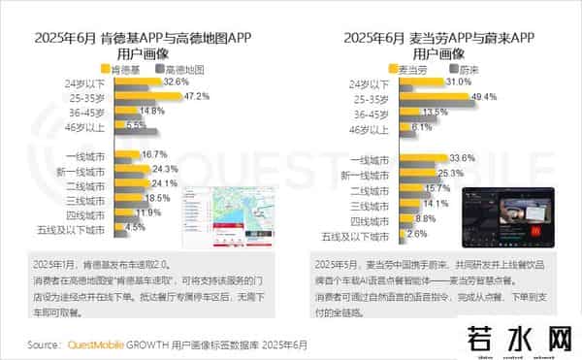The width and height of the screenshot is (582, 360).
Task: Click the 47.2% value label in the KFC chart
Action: (x=198, y=97)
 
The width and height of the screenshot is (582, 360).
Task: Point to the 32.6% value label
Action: (x=176, y=82)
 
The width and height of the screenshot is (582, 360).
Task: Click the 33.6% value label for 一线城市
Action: (x=462, y=158)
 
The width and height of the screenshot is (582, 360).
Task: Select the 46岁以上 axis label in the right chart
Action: (x=372, y=127)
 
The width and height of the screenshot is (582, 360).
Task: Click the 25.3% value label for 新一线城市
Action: (x=449, y=174)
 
